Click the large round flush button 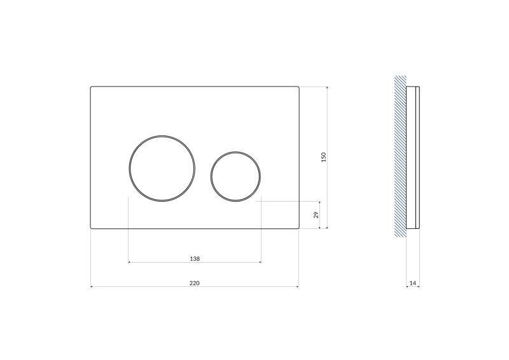(155, 169)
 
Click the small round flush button (235, 176)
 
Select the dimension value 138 (195, 258)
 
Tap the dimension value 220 (195, 283)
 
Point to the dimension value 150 (323, 156)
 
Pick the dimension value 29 (316, 215)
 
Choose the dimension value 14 (413, 283)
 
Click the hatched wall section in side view (400, 156)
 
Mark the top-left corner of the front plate (91, 87)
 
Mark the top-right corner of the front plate (298, 87)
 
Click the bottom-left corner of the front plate (91, 228)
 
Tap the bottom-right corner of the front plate (298, 228)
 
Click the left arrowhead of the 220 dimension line (93, 287)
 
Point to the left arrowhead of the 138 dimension (130, 262)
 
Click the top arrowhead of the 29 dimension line (319, 203)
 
